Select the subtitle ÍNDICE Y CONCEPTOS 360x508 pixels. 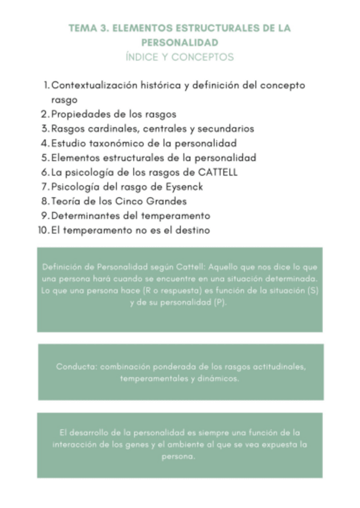coord(180,58)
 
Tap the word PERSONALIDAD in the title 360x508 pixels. coord(180,43)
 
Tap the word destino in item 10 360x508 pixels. coord(190,230)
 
